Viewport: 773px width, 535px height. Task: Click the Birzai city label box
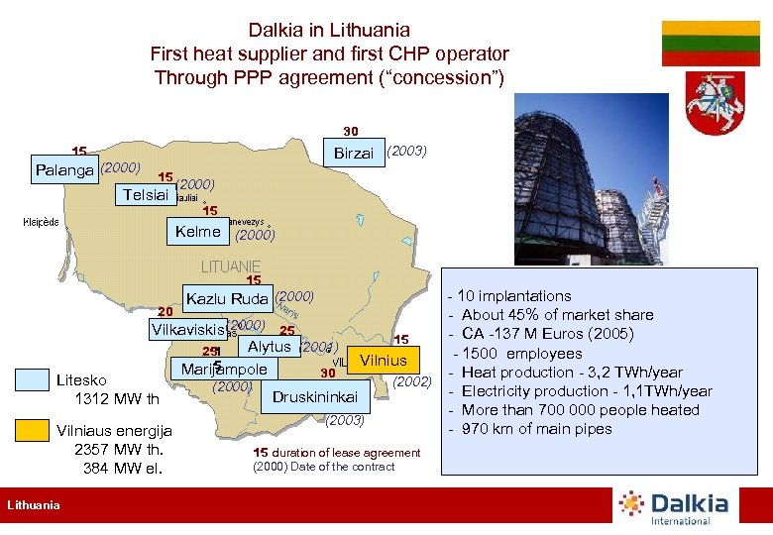[x=354, y=153]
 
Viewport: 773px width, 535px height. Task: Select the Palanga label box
[x=63, y=169]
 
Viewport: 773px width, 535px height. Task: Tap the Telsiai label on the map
[x=145, y=195]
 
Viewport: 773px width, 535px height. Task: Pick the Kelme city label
[x=197, y=232]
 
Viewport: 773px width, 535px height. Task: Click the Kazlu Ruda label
[x=228, y=298]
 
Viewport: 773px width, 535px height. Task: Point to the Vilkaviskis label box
[x=186, y=327]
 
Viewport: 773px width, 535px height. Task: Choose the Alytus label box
[x=269, y=347]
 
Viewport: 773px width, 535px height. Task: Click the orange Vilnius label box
[x=383, y=361]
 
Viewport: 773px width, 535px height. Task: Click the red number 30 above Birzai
[x=351, y=130]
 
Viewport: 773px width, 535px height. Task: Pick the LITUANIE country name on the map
[x=231, y=267]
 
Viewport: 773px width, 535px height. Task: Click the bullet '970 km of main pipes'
[x=536, y=429]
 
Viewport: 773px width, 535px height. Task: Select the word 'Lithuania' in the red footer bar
[x=35, y=505]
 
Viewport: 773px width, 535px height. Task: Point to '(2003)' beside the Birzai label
[x=406, y=151]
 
